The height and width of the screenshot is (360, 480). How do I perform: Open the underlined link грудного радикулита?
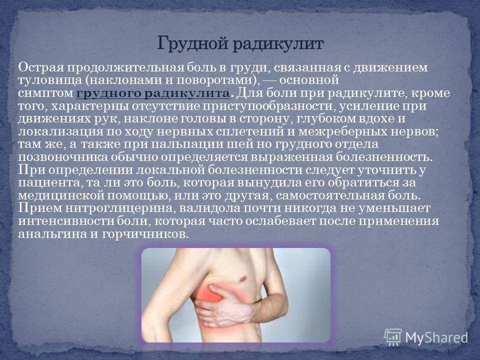tap(153, 93)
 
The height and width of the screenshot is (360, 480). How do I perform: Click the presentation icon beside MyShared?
tap(393, 337)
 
